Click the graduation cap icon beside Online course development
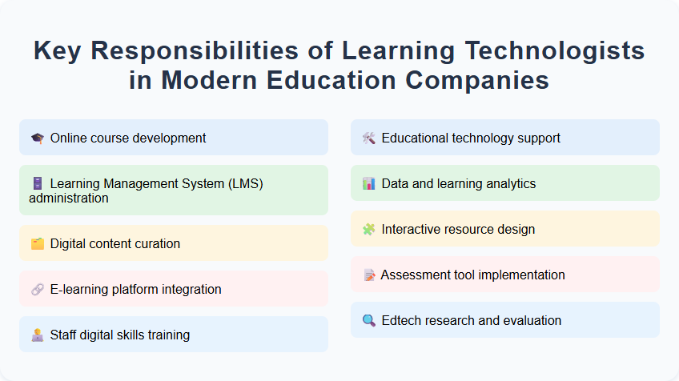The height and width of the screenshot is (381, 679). point(38,138)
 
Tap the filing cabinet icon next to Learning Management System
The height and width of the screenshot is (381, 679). point(38,184)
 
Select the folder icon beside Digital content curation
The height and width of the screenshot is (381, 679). point(38,244)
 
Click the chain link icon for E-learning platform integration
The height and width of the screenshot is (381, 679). point(38,290)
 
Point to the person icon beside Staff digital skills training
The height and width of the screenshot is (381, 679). point(38,335)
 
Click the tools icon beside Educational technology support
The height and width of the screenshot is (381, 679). point(369,138)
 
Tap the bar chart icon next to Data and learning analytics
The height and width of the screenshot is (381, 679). point(369,184)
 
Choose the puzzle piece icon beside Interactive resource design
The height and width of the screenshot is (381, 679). point(369,230)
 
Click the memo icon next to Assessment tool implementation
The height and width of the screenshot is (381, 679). point(369,275)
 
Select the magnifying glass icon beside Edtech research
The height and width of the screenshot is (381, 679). point(369,321)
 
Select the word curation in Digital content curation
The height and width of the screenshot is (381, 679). point(156,244)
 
